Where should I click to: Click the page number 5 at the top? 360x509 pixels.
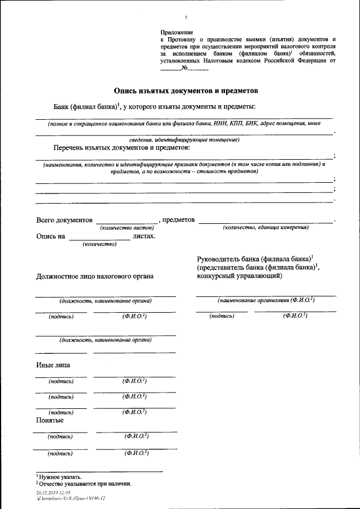pos(186,18)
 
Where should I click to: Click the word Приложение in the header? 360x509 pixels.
pos(177,34)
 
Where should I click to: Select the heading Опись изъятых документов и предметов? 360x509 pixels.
pos(186,90)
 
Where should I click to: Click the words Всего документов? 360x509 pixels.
pos(64,220)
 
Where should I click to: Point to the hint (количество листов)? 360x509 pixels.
pos(127,228)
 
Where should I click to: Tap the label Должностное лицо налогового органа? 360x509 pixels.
pos(94,276)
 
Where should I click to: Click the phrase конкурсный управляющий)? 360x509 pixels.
pos(240,276)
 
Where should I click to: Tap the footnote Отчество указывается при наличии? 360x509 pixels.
pos(85,483)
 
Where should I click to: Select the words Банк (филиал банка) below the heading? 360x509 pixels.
pos(86,107)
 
